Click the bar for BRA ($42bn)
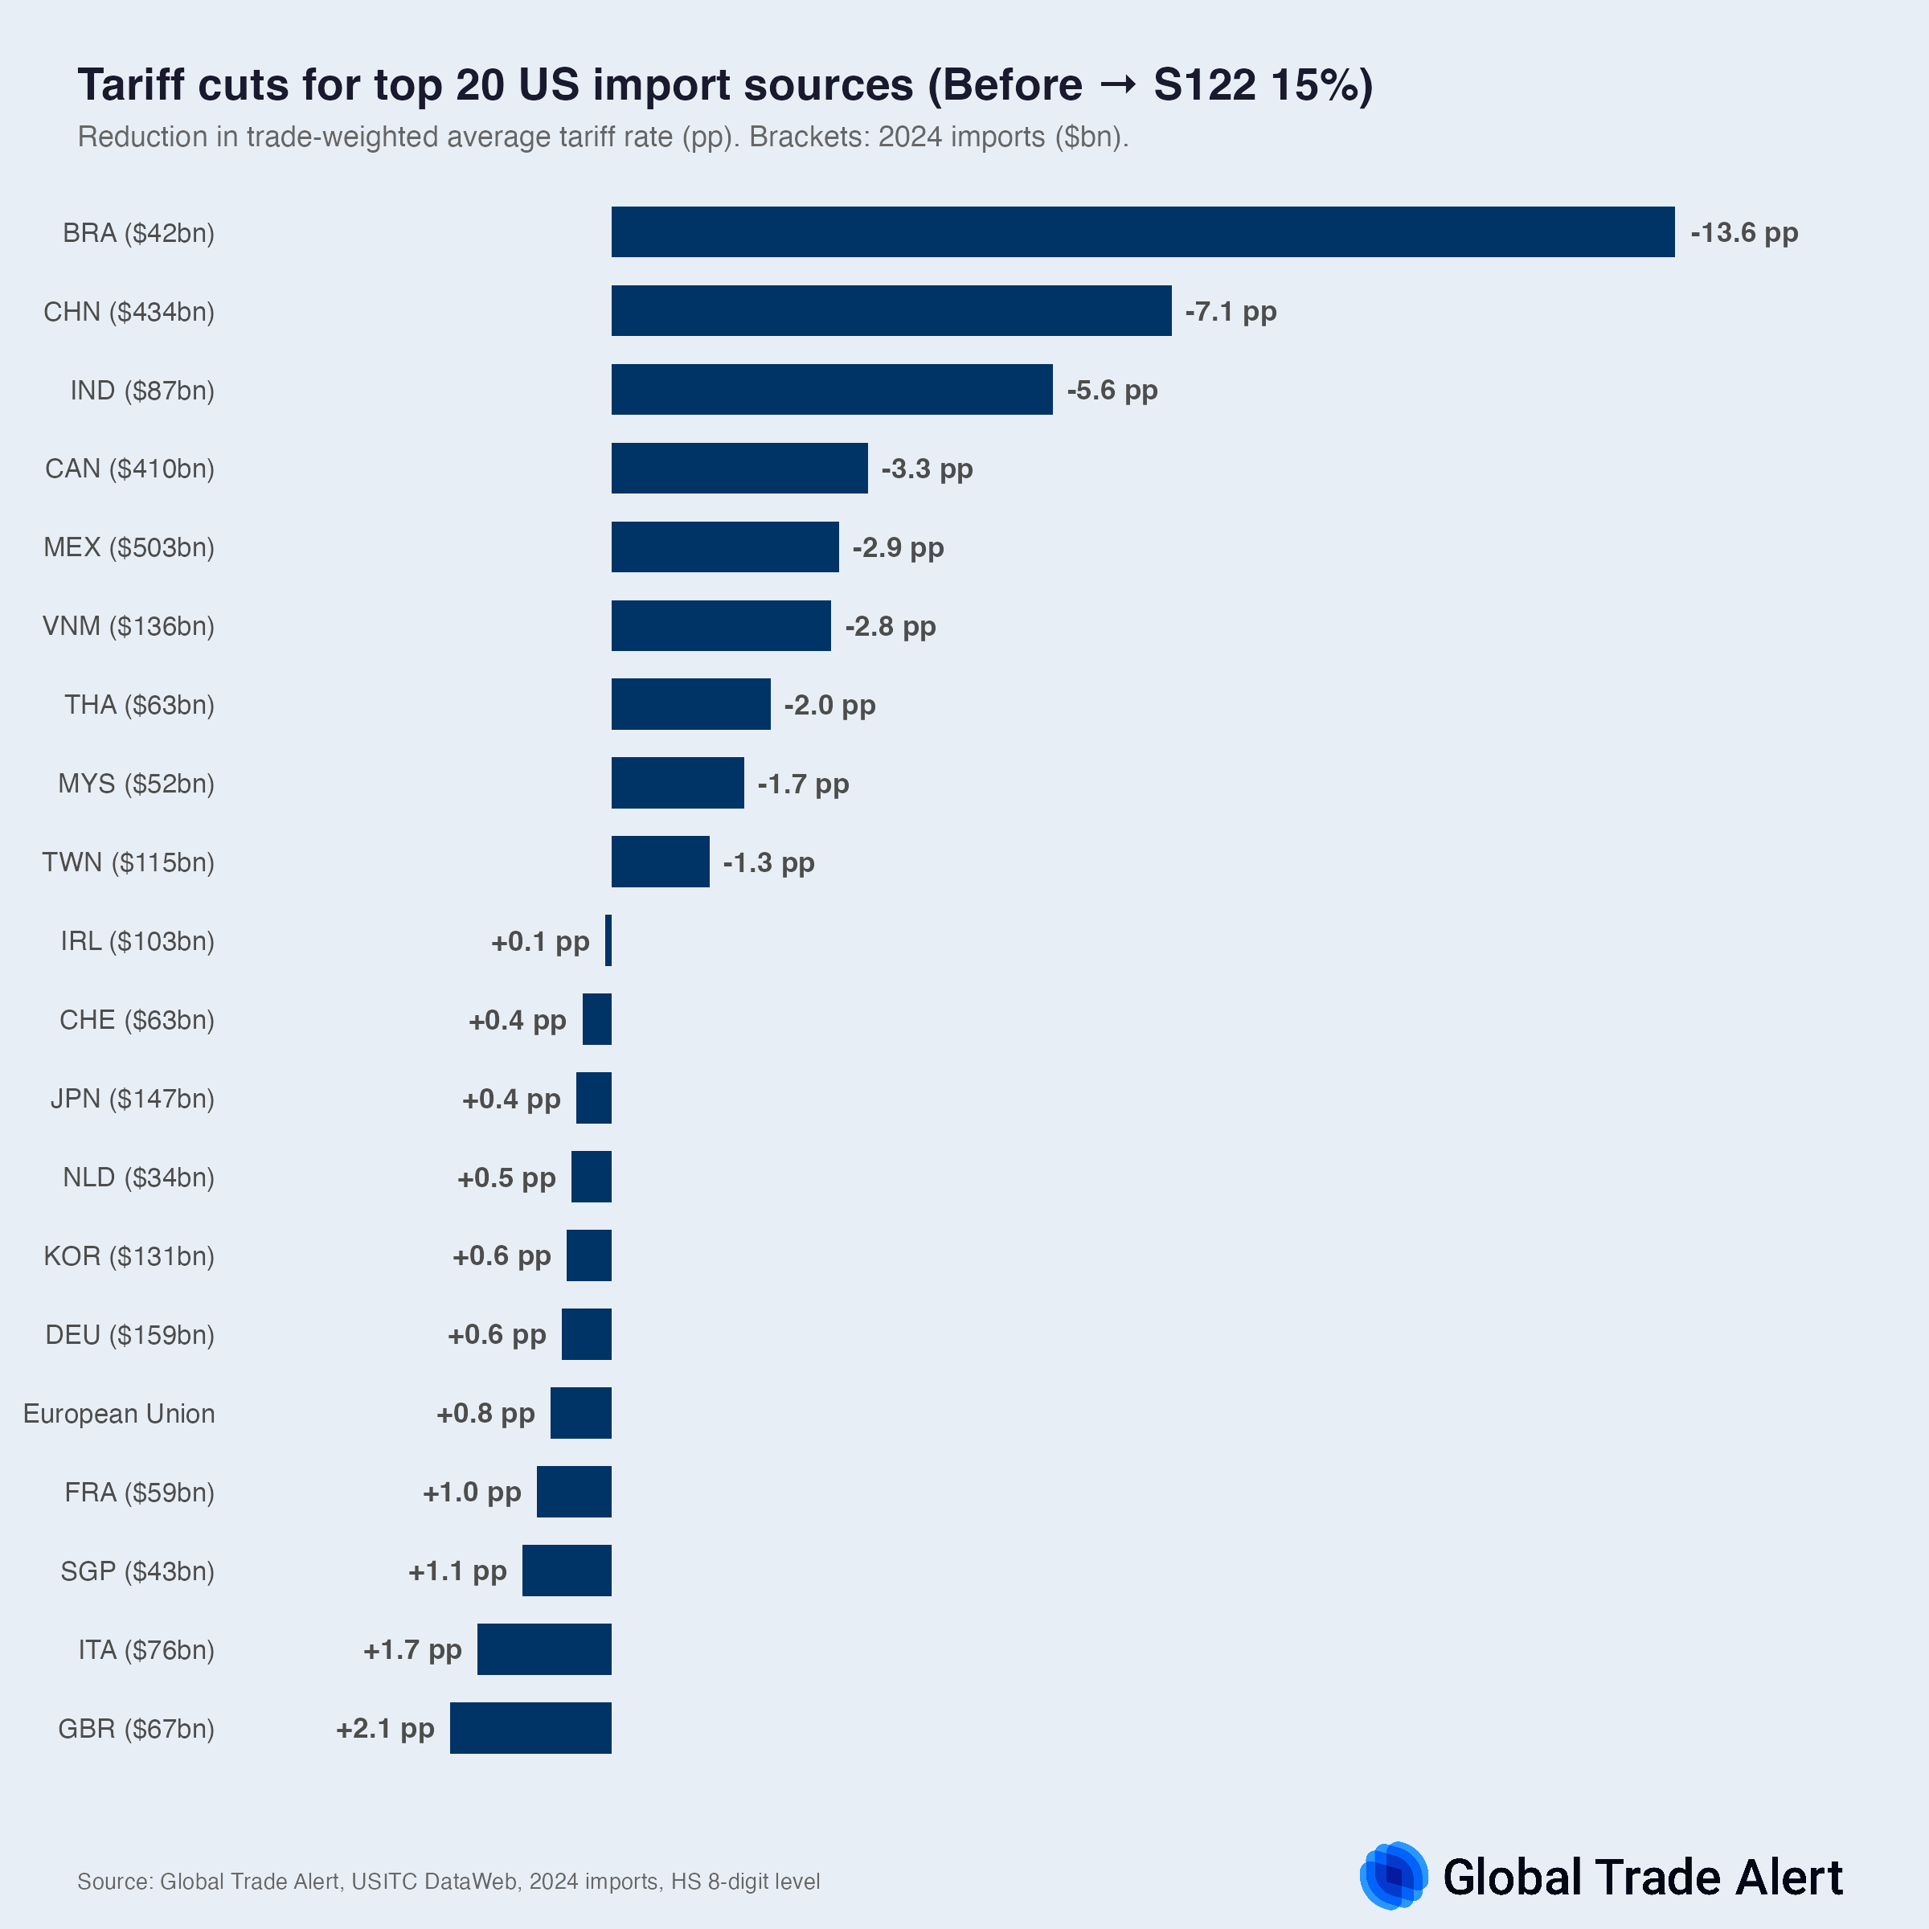click(1142, 231)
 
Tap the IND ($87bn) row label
click(141, 391)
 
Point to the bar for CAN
click(739, 469)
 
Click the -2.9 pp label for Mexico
click(898, 547)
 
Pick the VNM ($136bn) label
click(128, 626)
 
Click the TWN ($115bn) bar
click(660, 862)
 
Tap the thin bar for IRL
click(608, 940)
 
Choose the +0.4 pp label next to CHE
click(517, 1021)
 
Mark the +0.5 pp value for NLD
click(506, 1178)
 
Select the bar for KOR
click(588, 1256)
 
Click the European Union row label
click(119, 1414)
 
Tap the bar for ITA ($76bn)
click(543, 1649)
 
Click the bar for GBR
click(530, 1728)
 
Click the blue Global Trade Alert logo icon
click(1394, 1876)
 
